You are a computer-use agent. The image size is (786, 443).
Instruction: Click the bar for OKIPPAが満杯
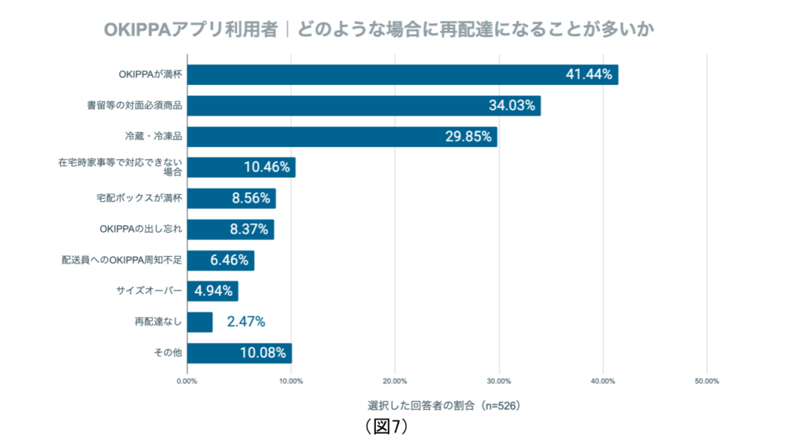(x=402, y=74)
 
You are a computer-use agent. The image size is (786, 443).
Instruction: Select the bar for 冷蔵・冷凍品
(x=341, y=137)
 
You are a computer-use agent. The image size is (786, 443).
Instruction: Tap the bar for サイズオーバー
(x=212, y=291)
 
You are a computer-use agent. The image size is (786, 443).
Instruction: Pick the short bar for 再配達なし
(x=199, y=322)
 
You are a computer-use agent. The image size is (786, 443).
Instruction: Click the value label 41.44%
(x=589, y=74)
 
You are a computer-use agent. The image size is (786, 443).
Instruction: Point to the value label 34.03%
(x=512, y=106)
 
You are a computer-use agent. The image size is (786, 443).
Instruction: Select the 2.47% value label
(x=245, y=322)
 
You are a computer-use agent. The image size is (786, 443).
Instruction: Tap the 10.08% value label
(x=263, y=353)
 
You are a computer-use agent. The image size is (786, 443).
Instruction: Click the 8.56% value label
(x=250, y=198)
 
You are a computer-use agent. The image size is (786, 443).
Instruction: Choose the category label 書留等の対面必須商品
(x=135, y=106)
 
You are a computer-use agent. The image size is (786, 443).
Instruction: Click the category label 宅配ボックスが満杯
(x=140, y=198)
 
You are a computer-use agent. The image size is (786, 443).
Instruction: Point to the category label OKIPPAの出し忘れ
(x=141, y=229)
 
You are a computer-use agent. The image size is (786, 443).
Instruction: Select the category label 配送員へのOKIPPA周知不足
(x=122, y=261)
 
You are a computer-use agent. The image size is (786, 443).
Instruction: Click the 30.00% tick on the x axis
(x=499, y=381)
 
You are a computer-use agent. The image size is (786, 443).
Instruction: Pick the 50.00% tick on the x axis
(x=706, y=381)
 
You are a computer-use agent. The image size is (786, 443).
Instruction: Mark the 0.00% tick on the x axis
(x=187, y=381)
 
